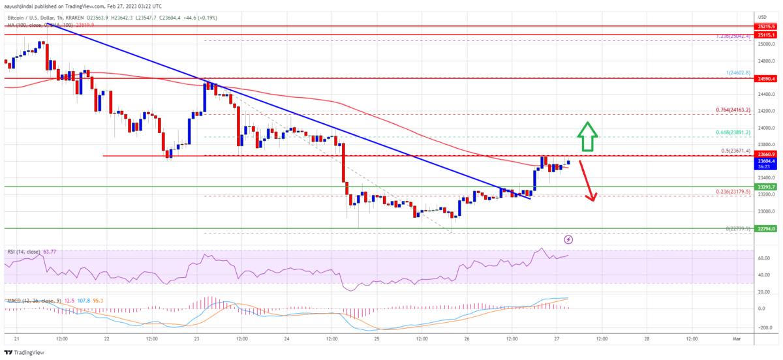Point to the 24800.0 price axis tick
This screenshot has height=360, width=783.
(x=763, y=61)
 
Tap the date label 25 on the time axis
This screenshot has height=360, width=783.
(x=377, y=339)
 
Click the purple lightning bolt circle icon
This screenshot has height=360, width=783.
(x=568, y=239)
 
